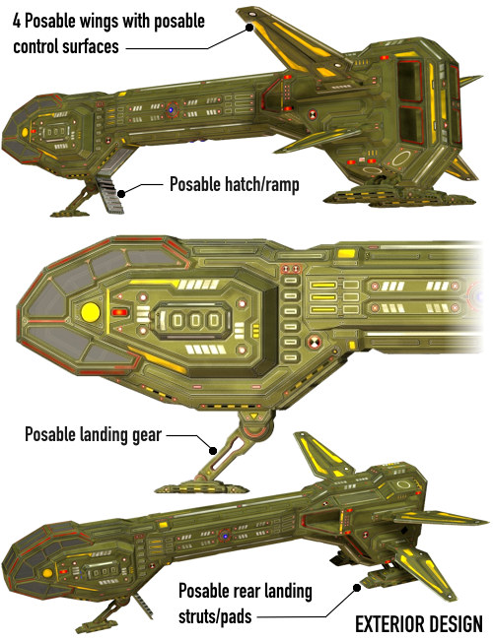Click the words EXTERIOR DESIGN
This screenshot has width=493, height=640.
pyautogui.click(x=419, y=624)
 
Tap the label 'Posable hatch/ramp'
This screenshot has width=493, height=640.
pyautogui.click(x=235, y=184)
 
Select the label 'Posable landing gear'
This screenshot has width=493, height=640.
pyautogui.click(x=94, y=434)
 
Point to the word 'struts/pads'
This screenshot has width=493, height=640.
pyautogui.click(x=215, y=616)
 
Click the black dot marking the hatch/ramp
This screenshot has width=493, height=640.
pyautogui.click(x=121, y=193)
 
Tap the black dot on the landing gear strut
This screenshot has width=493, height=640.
pyautogui.click(x=213, y=451)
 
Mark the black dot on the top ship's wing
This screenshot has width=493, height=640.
pyautogui.click(x=248, y=28)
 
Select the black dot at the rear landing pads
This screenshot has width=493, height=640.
pyautogui.click(x=357, y=588)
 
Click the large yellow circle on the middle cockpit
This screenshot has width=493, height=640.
pyautogui.click(x=91, y=312)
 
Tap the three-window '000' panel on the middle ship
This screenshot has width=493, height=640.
pyautogui.click(x=195, y=320)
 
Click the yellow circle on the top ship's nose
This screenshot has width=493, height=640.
pyautogui.click(x=25, y=132)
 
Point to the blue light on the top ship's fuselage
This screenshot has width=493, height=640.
pyautogui.click(x=172, y=110)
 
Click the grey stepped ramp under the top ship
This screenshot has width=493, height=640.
pyautogui.click(x=111, y=194)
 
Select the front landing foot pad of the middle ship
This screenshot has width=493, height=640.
pyautogui.click(x=196, y=485)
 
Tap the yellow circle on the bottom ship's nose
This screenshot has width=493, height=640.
pyautogui.click(x=47, y=573)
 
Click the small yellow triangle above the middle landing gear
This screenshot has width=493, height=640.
pyautogui.click(x=253, y=416)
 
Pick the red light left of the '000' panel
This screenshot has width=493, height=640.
pyautogui.click(x=119, y=312)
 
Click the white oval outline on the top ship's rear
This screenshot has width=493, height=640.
pyautogui.click(x=400, y=158)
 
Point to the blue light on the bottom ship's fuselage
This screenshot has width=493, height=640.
pyautogui.click(x=225, y=536)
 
